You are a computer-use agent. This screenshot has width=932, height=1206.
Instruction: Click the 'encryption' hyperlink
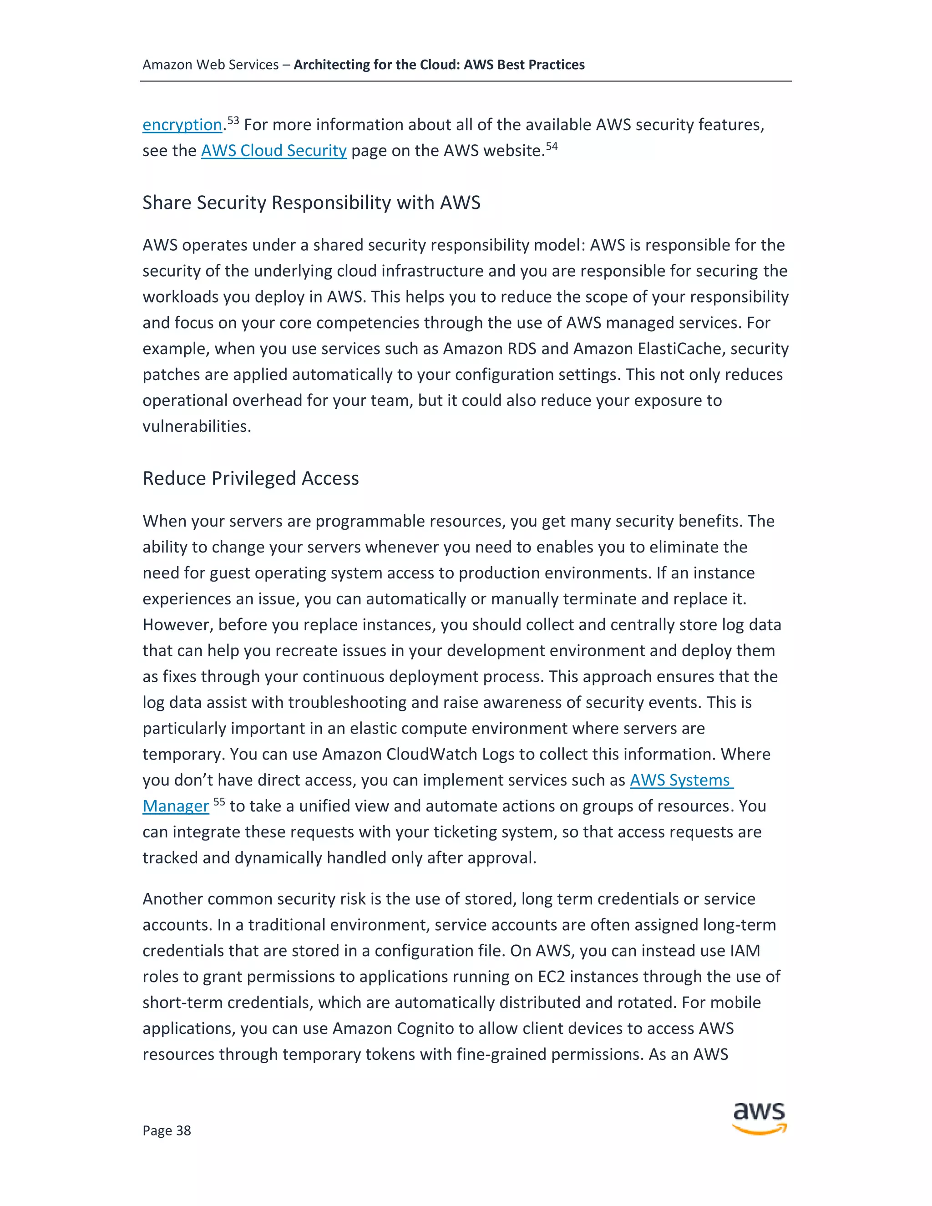point(182,125)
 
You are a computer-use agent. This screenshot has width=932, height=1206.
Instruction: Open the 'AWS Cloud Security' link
point(274,151)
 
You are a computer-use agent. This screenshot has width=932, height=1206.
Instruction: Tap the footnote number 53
point(233,120)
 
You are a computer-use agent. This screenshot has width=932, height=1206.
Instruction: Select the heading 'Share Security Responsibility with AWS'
point(311,203)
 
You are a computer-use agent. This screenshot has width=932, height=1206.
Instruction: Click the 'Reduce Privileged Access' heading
point(250,478)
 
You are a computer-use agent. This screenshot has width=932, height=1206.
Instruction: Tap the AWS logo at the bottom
point(759,1118)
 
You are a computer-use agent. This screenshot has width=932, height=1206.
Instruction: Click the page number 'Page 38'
point(166,1130)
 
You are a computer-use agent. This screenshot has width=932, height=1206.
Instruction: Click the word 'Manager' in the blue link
point(176,806)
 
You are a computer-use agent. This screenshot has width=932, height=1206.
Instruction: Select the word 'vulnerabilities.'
point(197,427)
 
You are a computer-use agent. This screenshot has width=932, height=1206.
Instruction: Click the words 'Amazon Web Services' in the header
point(210,65)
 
